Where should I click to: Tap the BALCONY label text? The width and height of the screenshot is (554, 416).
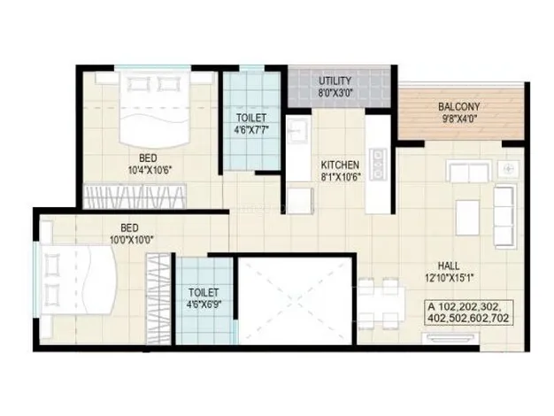pos(458,109)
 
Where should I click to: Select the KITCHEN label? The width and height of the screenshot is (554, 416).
pos(339,165)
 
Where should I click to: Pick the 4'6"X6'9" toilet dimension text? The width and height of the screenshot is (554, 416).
pos(204,304)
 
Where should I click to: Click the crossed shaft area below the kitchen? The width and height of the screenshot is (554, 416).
pos(296,299)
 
